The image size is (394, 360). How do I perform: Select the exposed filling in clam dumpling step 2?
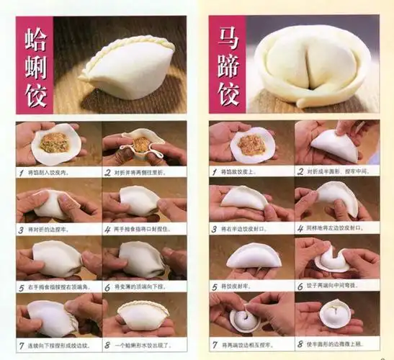point(143,144)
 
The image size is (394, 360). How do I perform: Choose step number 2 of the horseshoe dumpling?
point(300,171)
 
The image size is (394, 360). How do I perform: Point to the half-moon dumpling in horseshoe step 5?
point(249,256)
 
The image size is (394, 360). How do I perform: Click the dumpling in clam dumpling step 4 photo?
point(139,200)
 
